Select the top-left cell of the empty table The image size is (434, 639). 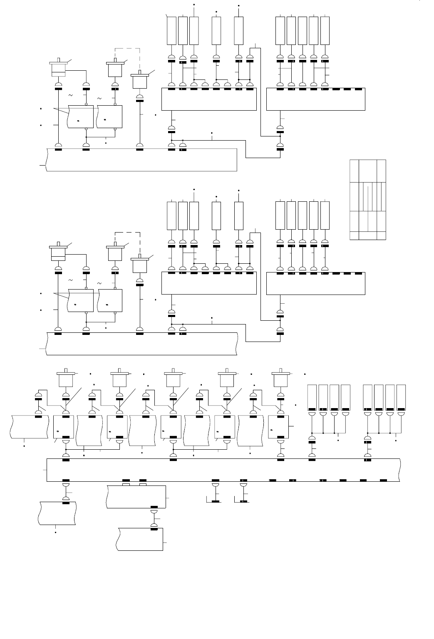354,171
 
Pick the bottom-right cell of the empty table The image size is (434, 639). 381,235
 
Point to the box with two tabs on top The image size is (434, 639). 136,497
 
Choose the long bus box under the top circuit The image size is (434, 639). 141,159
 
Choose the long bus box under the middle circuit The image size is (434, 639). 141,344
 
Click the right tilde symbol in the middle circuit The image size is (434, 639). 99,283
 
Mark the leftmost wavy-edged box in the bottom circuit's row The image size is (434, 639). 29,426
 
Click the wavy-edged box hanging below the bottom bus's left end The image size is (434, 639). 57,514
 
